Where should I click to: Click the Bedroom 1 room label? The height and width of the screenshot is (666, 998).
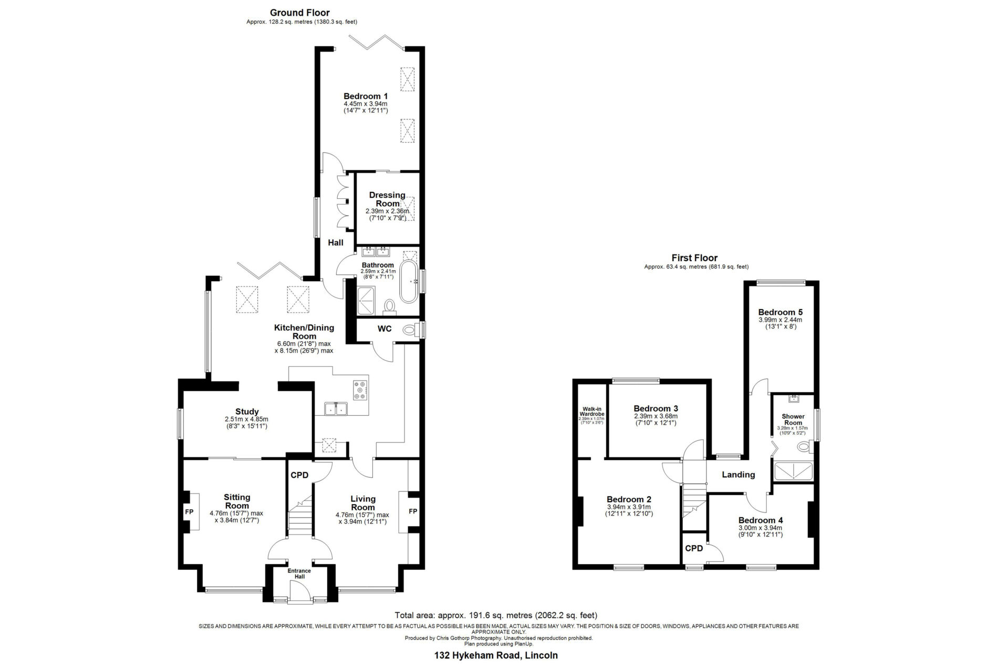366,96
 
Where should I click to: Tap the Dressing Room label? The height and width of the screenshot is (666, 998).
388,199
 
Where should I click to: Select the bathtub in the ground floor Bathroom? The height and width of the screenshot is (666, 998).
409,283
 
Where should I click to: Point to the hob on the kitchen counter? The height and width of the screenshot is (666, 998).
361,390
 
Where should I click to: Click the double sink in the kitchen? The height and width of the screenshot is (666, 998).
336,408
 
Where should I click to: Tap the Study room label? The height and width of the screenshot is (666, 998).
247,412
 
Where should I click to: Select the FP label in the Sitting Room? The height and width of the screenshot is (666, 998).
189,511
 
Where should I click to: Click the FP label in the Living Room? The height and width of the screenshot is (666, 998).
413,511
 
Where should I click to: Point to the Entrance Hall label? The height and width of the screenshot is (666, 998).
299,573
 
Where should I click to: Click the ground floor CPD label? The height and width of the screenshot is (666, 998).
299,475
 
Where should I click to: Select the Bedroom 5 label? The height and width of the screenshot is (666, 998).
781,312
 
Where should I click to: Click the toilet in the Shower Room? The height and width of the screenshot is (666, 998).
804,448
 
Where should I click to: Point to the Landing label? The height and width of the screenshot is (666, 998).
739,475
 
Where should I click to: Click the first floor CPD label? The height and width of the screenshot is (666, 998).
694,548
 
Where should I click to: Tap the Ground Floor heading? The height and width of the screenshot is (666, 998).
300,13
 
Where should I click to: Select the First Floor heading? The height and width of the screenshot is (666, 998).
694,258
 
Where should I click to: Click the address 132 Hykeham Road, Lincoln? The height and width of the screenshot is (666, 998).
496,655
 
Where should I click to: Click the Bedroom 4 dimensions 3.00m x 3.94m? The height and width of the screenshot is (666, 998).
761,528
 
